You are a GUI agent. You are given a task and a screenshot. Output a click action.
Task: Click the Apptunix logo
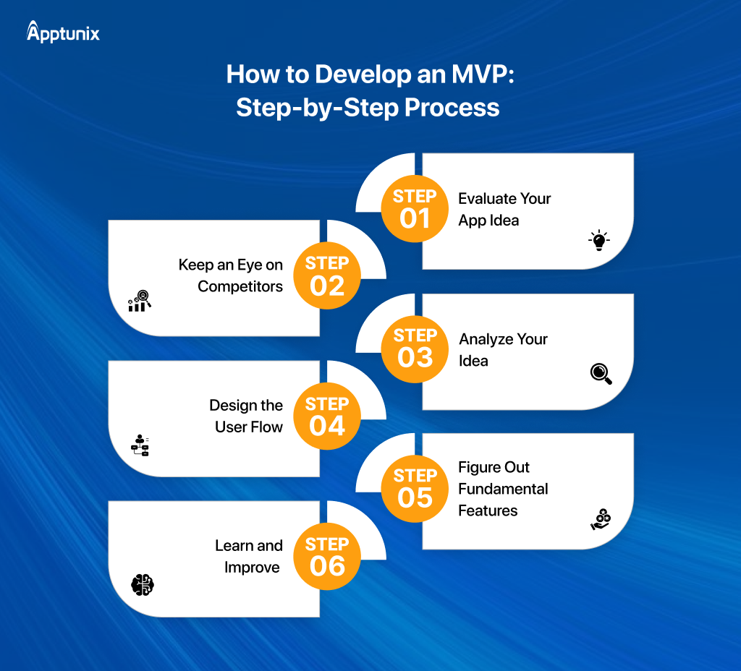coord(63,33)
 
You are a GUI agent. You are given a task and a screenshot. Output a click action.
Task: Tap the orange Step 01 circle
coord(415,209)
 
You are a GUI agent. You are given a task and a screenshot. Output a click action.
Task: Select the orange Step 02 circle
coord(327,276)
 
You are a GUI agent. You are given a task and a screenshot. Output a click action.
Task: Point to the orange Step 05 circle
coord(415,489)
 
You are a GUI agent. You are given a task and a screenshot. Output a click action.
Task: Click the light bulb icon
coord(598,241)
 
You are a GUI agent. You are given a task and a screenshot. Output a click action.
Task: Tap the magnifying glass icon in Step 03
coord(601,373)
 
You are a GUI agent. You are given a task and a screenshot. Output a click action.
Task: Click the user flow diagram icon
coord(140,445)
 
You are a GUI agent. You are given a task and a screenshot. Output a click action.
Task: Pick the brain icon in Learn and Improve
coord(143,584)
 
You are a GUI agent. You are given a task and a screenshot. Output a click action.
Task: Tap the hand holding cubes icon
coord(600,518)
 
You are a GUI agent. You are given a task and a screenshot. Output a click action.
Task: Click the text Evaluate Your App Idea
coord(504,210)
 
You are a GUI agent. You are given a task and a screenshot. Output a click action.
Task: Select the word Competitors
coord(240,287)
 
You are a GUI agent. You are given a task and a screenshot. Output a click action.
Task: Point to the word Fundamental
coord(503,489)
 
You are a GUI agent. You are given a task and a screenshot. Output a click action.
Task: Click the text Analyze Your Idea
coord(503,350)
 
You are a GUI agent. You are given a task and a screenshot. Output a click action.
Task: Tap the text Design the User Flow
coord(246,416)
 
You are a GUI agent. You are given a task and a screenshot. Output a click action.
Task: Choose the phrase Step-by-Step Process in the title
coord(368,108)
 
